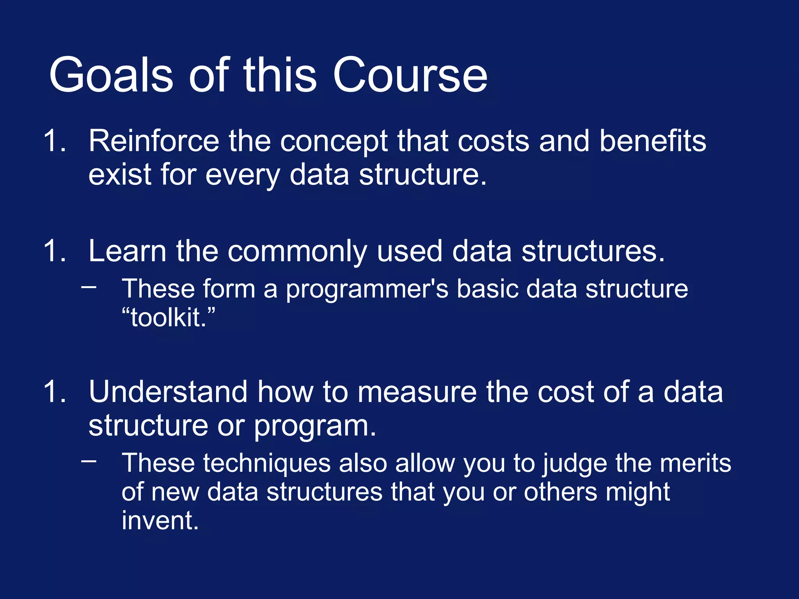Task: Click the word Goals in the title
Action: [x=111, y=75]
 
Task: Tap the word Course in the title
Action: [x=410, y=75]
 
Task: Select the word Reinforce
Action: [x=154, y=141]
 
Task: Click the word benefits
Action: [x=652, y=141]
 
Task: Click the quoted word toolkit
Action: [x=168, y=317]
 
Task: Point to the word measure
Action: [x=417, y=392]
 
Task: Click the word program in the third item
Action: [x=314, y=427]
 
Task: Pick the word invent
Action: [x=160, y=521]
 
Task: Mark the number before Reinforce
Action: [x=54, y=141]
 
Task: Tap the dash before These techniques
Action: [x=89, y=461]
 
